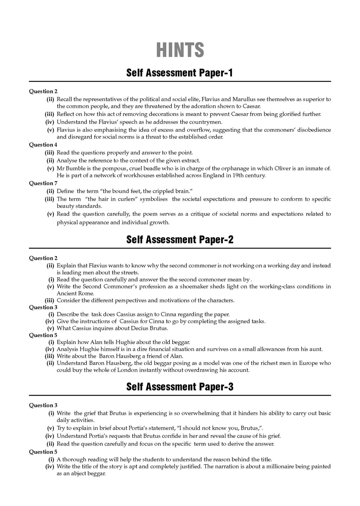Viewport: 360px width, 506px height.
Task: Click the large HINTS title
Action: [180, 50]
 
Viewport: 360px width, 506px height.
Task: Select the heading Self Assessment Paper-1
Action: [180, 73]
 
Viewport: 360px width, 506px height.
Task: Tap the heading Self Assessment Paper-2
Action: [180, 240]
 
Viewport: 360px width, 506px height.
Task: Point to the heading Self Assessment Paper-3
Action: [180, 387]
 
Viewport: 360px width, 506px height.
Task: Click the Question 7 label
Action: [43, 183]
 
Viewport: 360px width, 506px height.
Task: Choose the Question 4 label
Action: [43, 144]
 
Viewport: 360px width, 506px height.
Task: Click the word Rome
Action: [86, 293]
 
